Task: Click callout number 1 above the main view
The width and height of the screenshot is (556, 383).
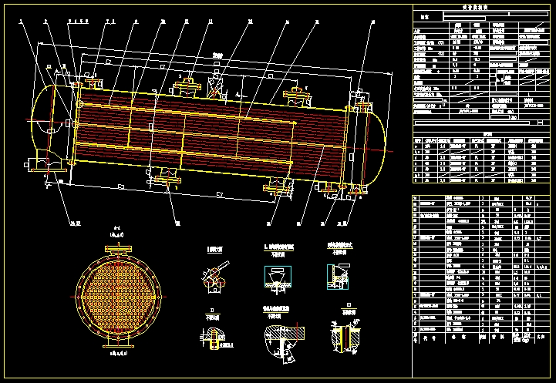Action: (22, 22)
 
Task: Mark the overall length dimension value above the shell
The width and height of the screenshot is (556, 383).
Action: (218, 55)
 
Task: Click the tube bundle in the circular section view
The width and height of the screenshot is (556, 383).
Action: (117, 294)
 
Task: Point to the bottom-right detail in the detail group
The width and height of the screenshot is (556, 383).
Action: (342, 336)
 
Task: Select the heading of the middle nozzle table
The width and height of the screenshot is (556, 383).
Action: (486, 133)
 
